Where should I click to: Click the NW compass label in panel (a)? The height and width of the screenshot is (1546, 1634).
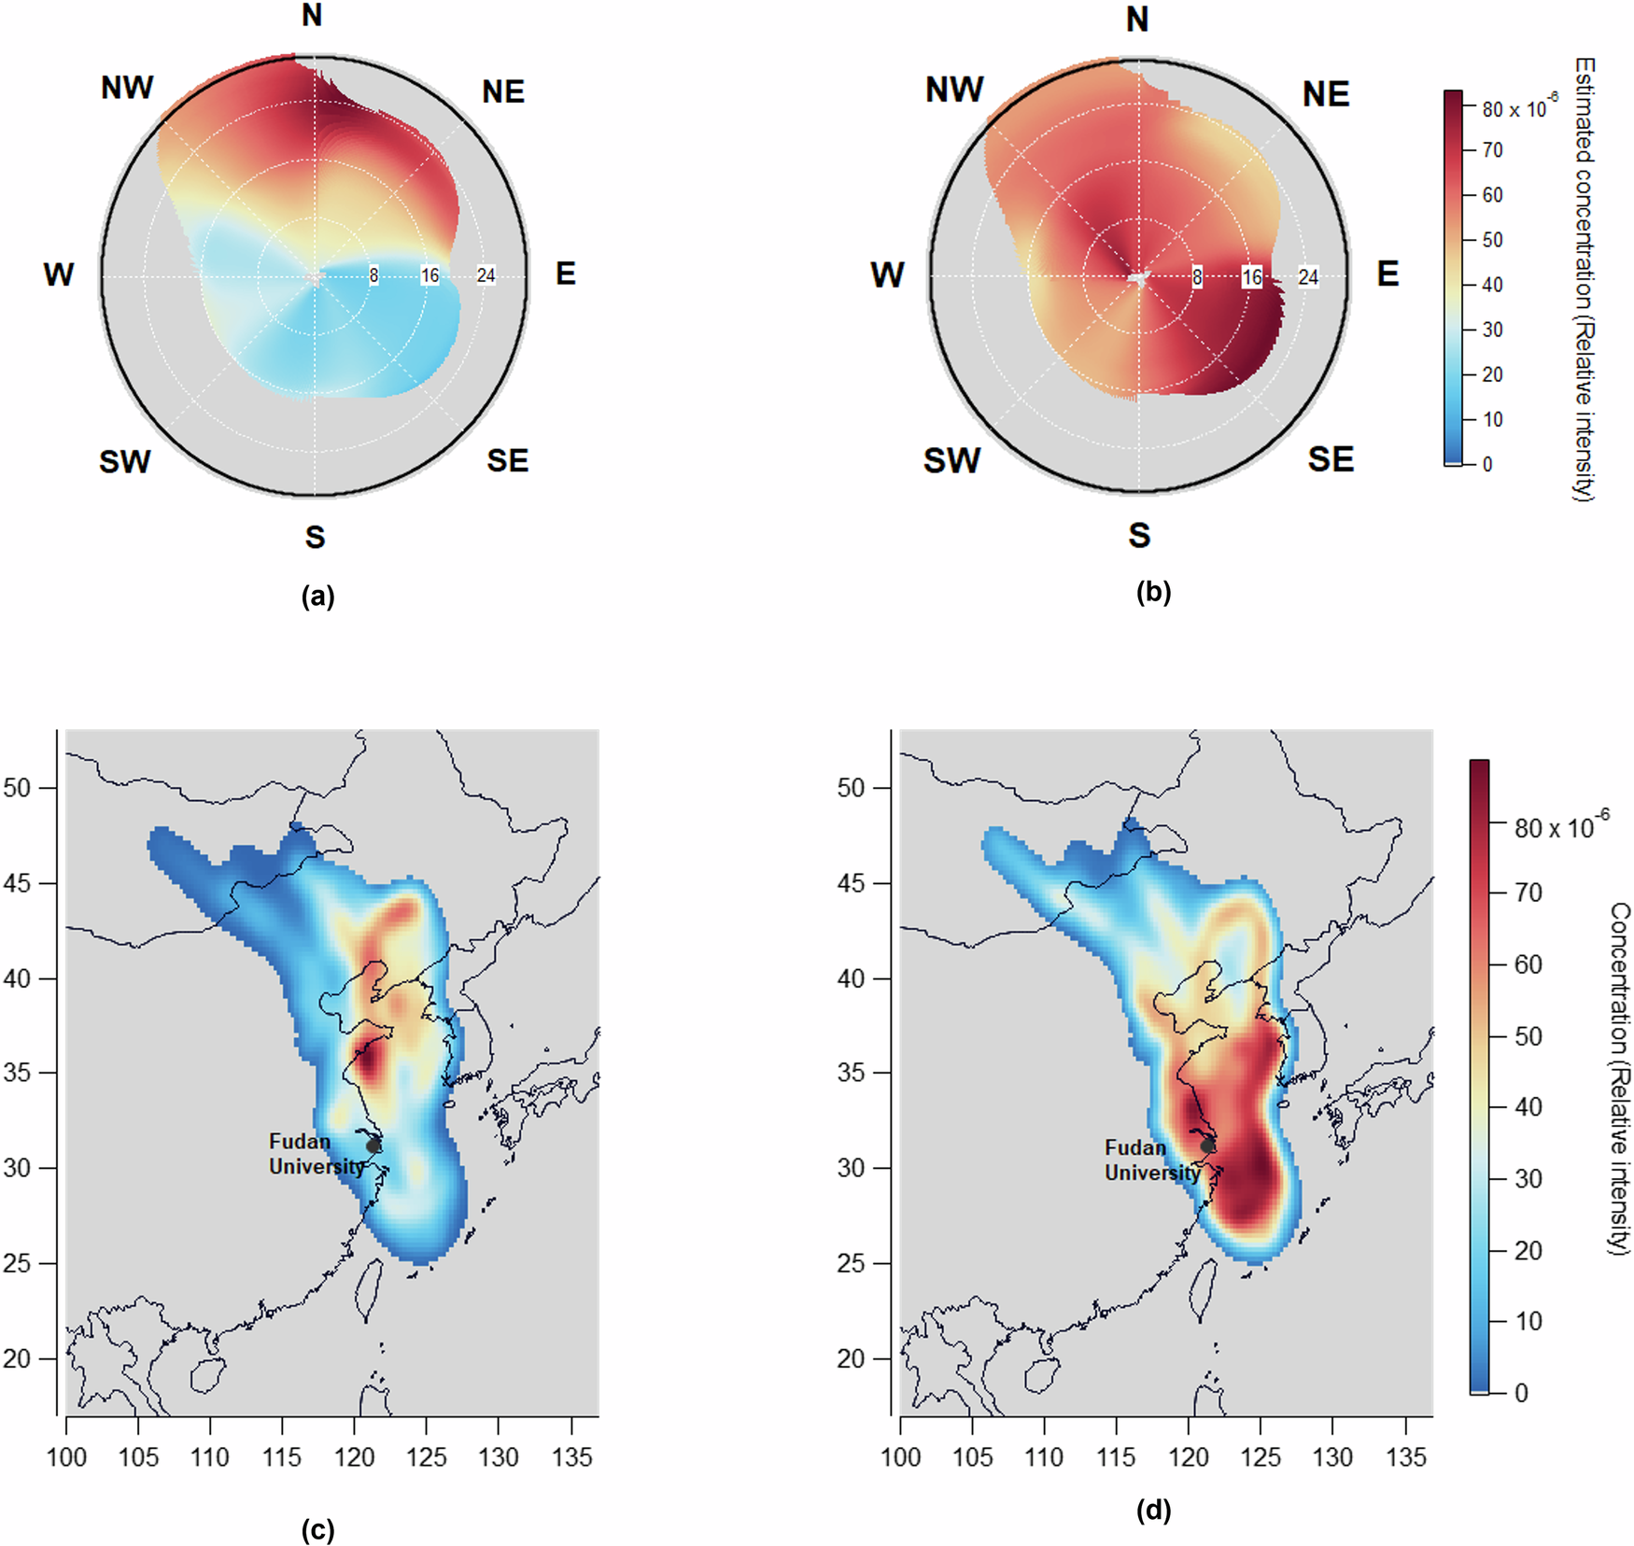(x=127, y=89)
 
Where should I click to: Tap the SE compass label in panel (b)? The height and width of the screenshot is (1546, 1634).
(x=1330, y=459)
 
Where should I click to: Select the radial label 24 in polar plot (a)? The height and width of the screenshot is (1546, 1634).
(x=486, y=275)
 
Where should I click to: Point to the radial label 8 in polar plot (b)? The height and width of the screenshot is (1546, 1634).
(x=1196, y=277)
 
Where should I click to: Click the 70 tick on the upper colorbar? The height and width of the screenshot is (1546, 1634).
(x=1492, y=150)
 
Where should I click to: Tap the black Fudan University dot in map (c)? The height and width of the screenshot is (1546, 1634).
(x=373, y=1145)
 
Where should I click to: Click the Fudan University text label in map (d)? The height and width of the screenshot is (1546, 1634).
(x=1150, y=1160)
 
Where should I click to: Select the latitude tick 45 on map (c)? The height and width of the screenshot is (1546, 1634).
(x=18, y=883)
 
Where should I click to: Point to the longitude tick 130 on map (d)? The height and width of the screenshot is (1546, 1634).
(x=1332, y=1457)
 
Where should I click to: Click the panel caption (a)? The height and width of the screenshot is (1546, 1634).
(x=317, y=597)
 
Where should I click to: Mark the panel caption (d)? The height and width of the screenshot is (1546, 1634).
(x=1153, y=1511)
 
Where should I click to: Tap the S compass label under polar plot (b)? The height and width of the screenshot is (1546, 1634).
(x=1139, y=536)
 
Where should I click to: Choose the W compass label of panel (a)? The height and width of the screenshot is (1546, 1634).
(x=58, y=275)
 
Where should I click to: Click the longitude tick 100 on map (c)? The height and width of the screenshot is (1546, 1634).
(x=66, y=1457)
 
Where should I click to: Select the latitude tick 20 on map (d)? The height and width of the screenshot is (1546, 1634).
(x=852, y=1358)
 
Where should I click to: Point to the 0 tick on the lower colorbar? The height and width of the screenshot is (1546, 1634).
(x=1521, y=1393)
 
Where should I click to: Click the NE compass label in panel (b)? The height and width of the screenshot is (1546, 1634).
(x=1325, y=94)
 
